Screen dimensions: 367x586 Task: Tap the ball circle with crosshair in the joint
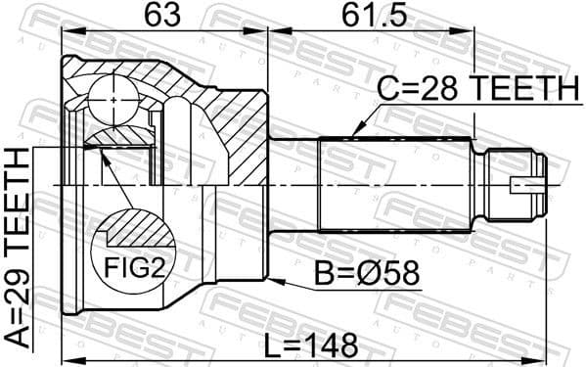(x=114, y=99)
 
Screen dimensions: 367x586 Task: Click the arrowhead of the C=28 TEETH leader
(x=354, y=130)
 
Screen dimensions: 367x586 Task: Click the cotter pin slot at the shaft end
(x=528, y=183)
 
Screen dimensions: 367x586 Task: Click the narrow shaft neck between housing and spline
(x=293, y=183)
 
